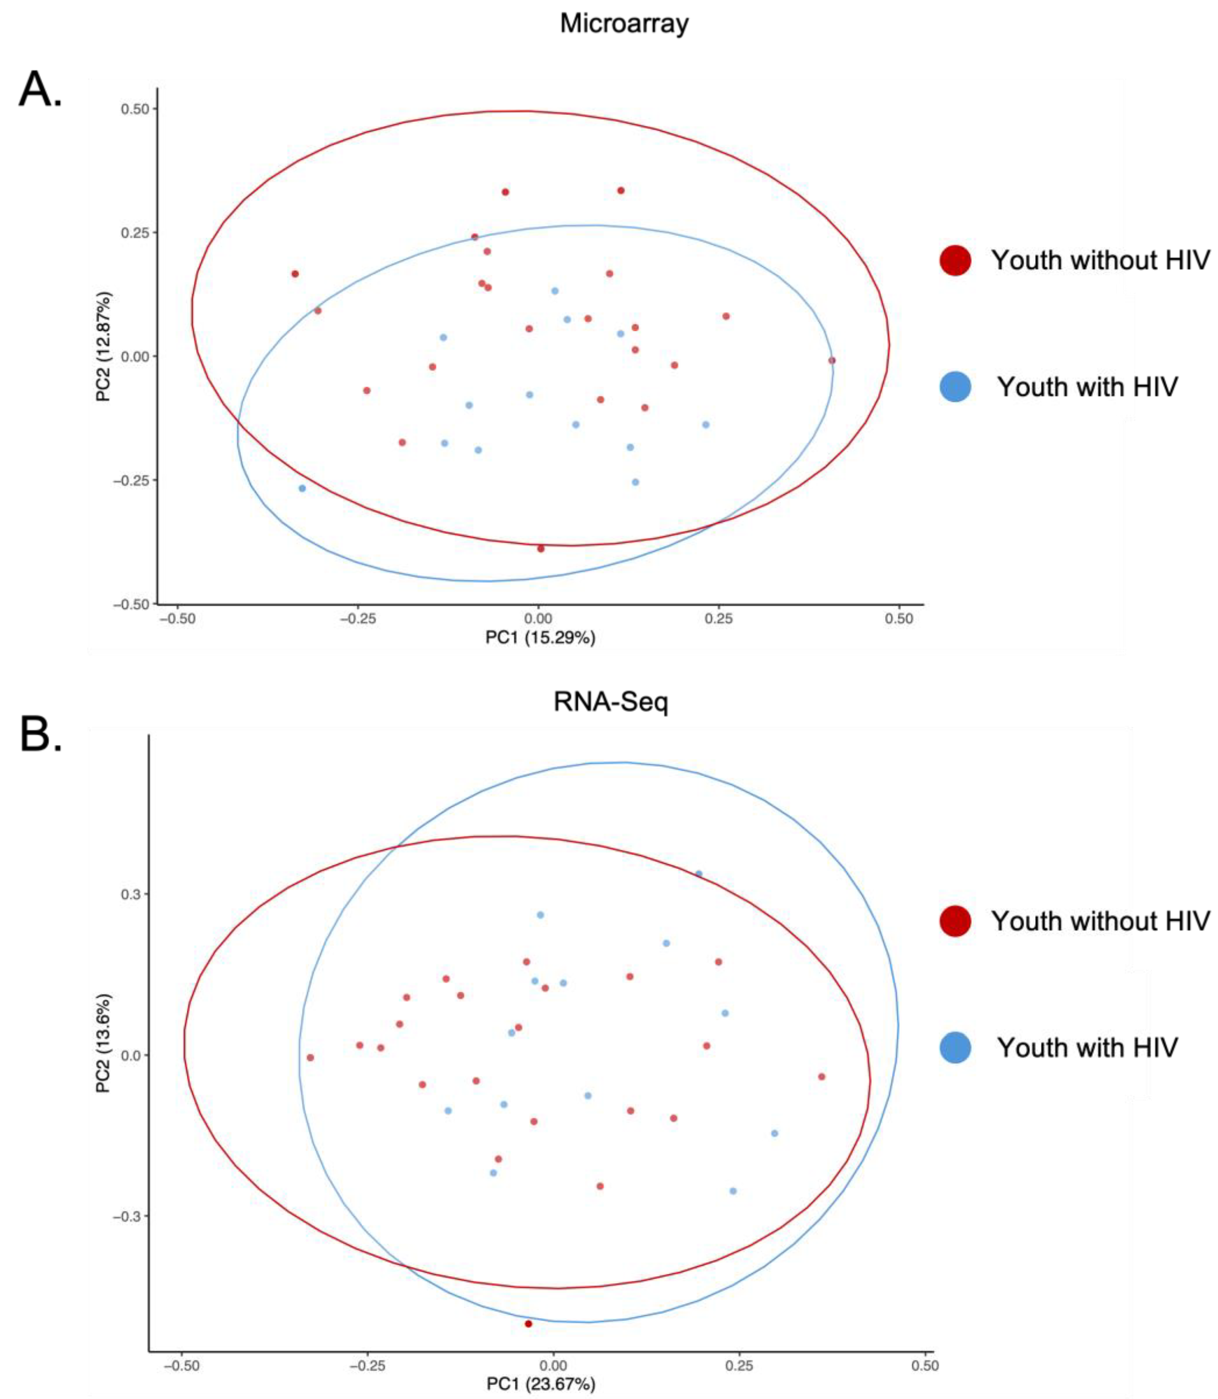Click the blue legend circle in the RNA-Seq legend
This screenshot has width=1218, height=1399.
pos(955,1047)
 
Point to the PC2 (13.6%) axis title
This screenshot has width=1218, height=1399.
pos(104,1044)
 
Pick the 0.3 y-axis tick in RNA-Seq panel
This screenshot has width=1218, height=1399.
pos(131,894)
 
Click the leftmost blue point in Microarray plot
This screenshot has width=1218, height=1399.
pos(302,488)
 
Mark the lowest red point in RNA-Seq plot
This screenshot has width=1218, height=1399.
pos(528,1323)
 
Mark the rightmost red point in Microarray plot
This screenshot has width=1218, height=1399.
pos(831,360)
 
